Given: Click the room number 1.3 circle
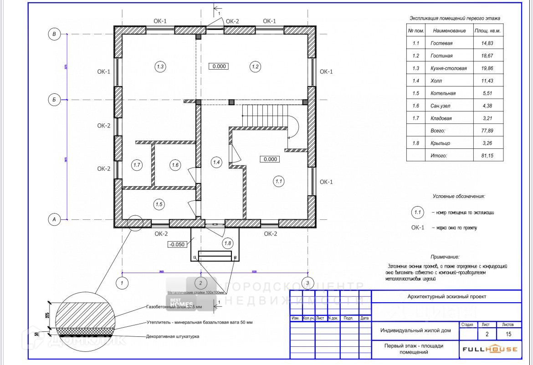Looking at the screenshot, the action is pyautogui.click(x=160, y=67).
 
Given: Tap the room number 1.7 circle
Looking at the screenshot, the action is pyautogui.click(x=137, y=165).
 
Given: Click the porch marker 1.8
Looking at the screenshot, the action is pyautogui.click(x=228, y=243).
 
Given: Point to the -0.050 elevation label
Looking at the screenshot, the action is pyautogui.click(x=177, y=244).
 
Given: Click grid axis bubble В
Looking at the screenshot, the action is pyautogui.click(x=54, y=34).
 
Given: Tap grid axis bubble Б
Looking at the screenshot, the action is pyautogui.click(x=54, y=100).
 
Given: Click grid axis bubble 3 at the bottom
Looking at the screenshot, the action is pyautogui.click(x=308, y=283).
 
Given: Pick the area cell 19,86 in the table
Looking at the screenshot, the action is pyautogui.click(x=483, y=68).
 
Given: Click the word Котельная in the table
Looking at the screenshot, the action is pyautogui.click(x=443, y=93).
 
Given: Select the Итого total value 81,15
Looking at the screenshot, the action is pyautogui.click(x=483, y=156).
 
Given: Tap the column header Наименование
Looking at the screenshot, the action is pyautogui.click(x=449, y=30).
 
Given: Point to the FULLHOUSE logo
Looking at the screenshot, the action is pyautogui.click(x=490, y=349).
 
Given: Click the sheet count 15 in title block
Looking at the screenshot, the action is pyautogui.click(x=508, y=334).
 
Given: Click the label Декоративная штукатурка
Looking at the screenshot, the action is pyautogui.click(x=173, y=337).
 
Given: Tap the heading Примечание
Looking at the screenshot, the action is pyautogui.click(x=445, y=257).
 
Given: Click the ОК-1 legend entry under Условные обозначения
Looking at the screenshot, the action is pyautogui.click(x=418, y=228).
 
